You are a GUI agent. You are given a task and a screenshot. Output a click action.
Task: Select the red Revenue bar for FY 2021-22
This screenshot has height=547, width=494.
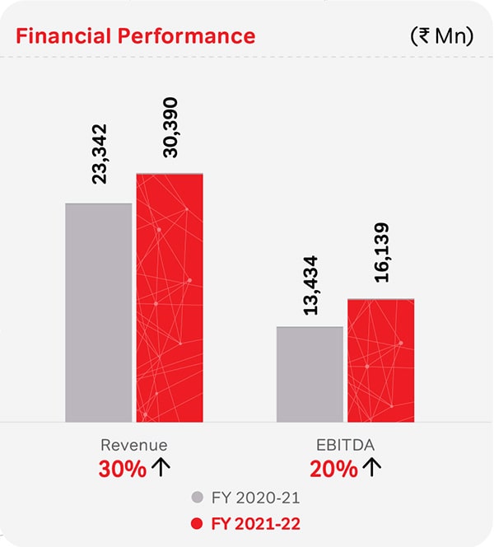click(170, 297)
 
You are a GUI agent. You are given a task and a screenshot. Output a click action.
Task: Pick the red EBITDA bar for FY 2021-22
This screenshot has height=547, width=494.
click(380, 359)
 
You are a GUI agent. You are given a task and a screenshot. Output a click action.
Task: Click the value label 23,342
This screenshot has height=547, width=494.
click(99, 154)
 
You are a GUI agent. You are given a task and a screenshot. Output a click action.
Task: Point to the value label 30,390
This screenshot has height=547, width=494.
click(170, 127)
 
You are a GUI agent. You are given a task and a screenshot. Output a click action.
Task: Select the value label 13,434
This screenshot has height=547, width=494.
click(310, 285)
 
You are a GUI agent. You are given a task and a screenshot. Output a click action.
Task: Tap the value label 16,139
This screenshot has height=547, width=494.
click(381, 253)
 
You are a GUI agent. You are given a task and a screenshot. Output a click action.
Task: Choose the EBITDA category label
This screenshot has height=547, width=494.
click(346, 445)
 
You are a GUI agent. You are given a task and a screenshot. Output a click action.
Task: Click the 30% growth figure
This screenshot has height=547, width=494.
click(122, 469)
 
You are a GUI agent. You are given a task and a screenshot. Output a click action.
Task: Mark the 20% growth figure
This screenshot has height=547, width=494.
click(333, 469)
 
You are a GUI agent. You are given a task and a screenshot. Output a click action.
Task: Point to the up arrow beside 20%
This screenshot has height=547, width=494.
click(372, 468)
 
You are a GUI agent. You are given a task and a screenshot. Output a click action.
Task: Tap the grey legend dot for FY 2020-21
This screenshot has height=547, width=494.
click(196, 498)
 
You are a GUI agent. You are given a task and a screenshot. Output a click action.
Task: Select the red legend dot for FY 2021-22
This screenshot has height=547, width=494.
click(196, 522)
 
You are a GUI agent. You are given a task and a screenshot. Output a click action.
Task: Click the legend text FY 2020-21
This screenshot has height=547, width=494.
click(255, 498)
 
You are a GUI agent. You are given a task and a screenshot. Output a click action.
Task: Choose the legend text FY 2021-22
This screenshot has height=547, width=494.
click(255, 522)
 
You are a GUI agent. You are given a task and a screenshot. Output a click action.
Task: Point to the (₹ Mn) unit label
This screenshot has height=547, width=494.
click(441, 36)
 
